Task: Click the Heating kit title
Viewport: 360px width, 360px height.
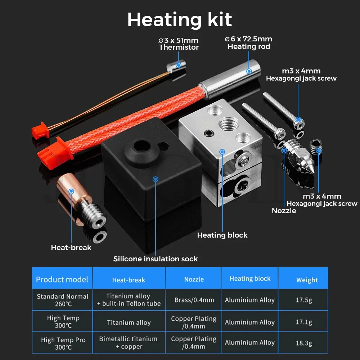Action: (x=180, y=19)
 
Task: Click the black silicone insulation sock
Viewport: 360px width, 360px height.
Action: (x=151, y=169)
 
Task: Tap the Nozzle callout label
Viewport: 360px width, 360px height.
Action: (x=284, y=211)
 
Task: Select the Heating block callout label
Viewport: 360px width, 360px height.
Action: (x=222, y=235)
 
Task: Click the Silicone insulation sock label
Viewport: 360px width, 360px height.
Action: (x=155, y=258)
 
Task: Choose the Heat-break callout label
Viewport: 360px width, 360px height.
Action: (x=71, y=247)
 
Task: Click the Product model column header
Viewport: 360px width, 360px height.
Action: (x=62, y=279)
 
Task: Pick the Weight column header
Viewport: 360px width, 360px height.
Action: (x=307, y=280)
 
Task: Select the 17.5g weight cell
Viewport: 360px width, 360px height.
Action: (x=303, y=300)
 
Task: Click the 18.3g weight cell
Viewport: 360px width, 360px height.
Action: (x=303, y=343)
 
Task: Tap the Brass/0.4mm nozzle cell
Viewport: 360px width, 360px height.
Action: (x=194, y=300)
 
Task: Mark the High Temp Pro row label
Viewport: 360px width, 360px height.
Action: (x=63, y=343)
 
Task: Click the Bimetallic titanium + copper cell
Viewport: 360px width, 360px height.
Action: (x=129, y=343)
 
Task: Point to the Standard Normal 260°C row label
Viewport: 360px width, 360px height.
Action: (x=62, y=300)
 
